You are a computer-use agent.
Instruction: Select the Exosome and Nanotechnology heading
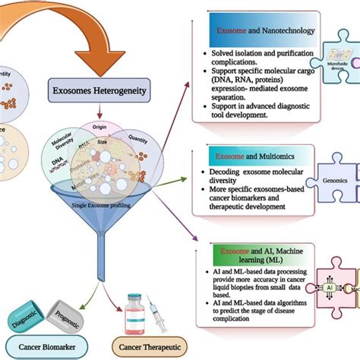coord(259,36)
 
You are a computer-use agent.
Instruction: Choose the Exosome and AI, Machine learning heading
coord(254,251)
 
